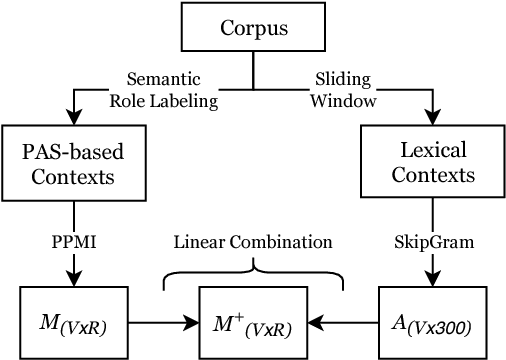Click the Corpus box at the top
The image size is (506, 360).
point(254,27)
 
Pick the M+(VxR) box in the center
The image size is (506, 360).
point(253,322)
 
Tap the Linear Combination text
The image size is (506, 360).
point(253,242)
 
